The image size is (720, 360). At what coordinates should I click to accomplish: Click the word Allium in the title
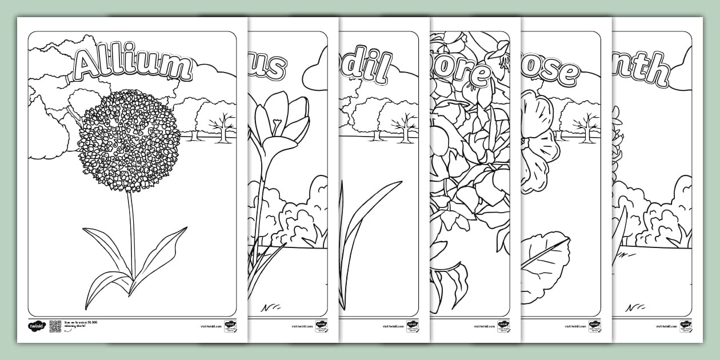click(132, 64)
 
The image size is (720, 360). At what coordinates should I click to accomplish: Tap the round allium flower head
click(130, 140)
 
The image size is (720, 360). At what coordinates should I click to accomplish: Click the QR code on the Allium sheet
click(55, 326)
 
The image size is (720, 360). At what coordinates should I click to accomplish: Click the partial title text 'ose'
click(551, 72)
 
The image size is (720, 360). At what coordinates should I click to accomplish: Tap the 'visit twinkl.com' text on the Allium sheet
click(211, 327)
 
